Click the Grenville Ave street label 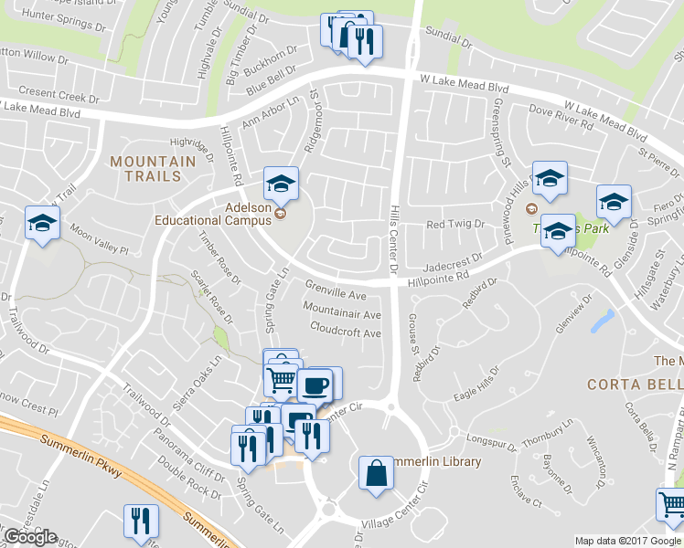(335, 296)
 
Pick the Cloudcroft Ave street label (345, 333)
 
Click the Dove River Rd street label (561, 120)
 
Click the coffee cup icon (315, 385)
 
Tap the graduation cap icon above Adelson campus (281, 184)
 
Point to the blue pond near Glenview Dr (603, 321)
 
